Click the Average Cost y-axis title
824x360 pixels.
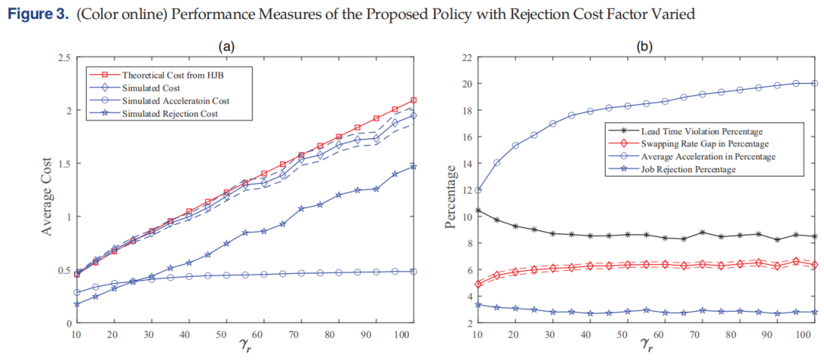tap(48, 189)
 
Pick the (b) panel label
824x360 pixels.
tap(644, 47)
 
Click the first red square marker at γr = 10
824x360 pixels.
tap(77, 275)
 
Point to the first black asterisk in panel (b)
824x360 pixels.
tap(477, 211)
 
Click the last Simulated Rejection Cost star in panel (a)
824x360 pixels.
tap(413, 166)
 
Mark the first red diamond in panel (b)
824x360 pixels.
tap(477, 284)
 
